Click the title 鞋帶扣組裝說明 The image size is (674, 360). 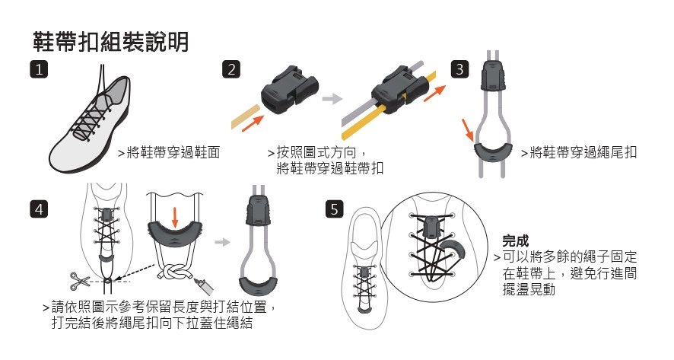(x=111, y=41)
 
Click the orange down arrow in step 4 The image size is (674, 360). (x=175, y=216)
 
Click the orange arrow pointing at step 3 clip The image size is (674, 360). (x=469, y=129)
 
